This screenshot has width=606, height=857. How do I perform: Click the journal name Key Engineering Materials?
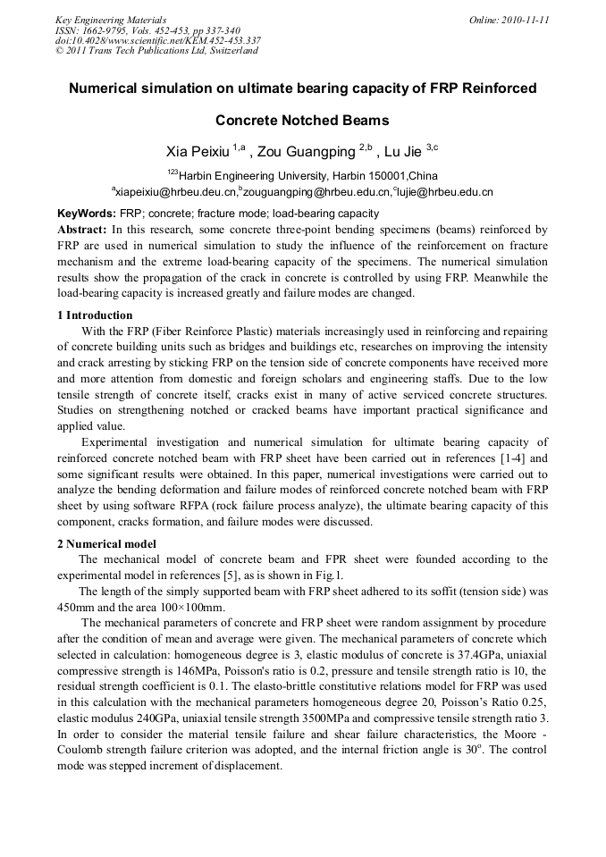110,19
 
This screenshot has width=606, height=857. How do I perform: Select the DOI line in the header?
158,40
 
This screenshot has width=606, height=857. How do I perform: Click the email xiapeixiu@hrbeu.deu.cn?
174,191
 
